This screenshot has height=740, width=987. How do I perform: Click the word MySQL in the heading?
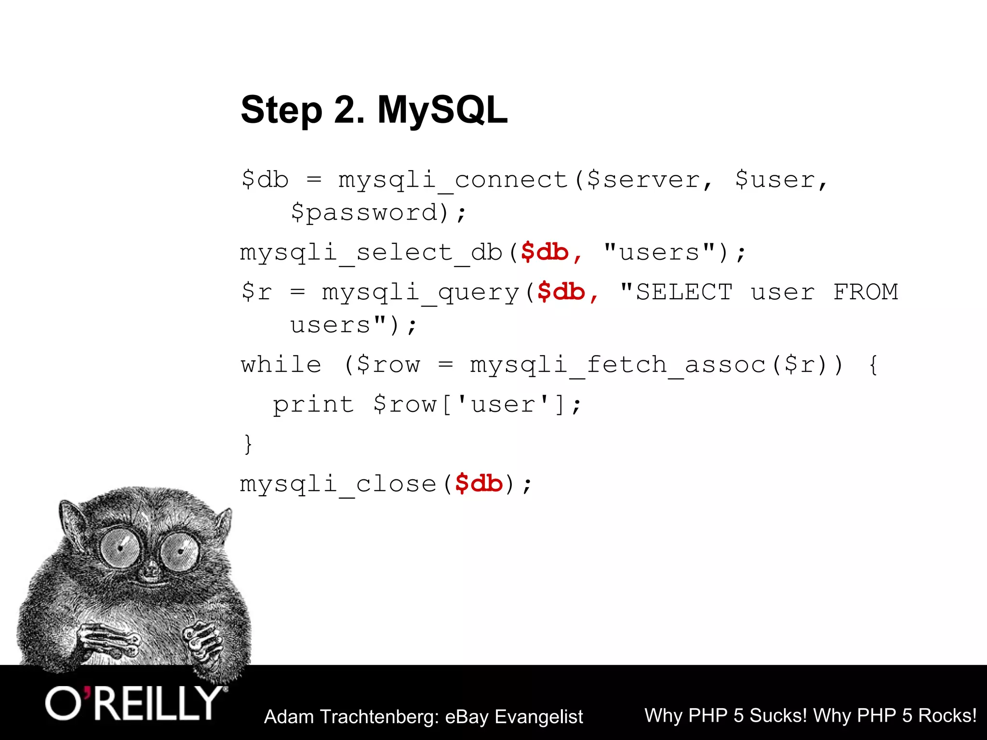(442, 110)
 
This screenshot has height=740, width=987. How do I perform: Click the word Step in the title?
(281, 111)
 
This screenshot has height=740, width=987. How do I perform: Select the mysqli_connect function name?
(453, 180)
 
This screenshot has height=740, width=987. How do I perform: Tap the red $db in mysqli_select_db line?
(545, 252)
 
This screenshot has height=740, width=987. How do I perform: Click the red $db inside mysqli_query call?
(561, 292)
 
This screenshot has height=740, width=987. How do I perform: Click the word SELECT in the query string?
(684, 292)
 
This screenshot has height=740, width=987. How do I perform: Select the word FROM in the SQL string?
(866, 292)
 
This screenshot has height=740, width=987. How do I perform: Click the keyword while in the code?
(281, 364)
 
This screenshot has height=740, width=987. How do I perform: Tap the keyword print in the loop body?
(313, 404)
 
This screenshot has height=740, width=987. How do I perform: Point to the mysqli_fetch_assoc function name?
(618, 364)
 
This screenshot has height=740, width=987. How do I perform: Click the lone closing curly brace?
(248, 444)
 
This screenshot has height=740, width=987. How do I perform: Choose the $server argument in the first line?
(643, 180)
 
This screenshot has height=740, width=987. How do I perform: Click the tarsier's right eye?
(179, 551)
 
